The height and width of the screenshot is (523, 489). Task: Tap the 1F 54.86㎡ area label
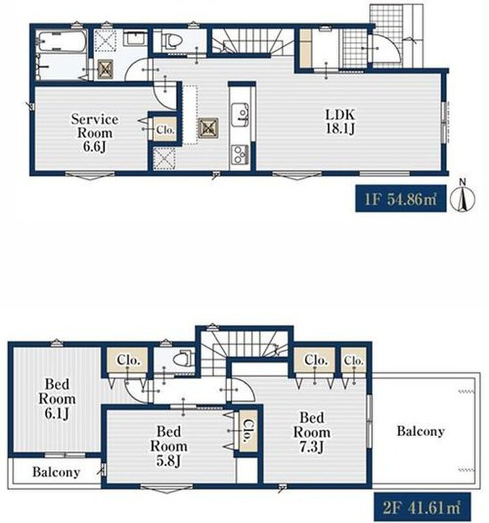[x=401, y=199]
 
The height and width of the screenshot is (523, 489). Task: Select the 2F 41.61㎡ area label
[x=422, y=508]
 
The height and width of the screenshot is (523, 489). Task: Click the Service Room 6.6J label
[x=95, y=133]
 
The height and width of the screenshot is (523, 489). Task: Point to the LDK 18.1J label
[x=340, y=122]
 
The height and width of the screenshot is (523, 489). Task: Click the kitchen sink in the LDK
[x=240, y=115]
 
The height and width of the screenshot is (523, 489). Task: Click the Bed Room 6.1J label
[x=57, y=399]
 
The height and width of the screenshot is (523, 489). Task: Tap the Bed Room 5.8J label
[x=168, y=447]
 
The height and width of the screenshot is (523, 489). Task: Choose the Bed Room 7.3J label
[x=312, y=432]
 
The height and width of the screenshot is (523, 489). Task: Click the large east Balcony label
[x=420, y=431]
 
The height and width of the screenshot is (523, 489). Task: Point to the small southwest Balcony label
[x=56, y=472]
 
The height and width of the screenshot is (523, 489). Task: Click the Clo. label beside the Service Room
[x=165, y=129]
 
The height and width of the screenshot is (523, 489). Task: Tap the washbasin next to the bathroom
[x=136, y=38]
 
